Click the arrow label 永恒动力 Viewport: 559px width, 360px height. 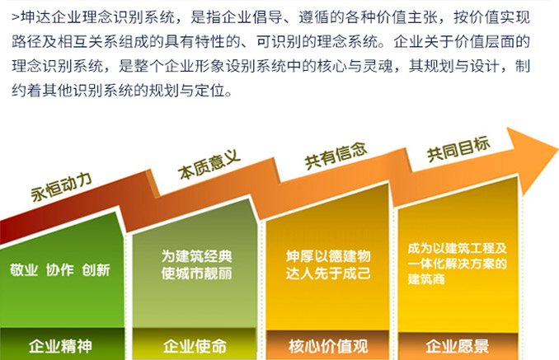click(x=61, y=186)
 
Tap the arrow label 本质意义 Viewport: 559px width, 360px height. click(x=209, y=164)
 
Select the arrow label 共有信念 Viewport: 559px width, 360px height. click(x=336, y=156)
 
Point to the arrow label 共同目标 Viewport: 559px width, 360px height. click(x=458, y=149)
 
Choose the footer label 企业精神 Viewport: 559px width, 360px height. click(x=61, y=346)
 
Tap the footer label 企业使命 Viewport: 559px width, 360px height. click(x=195, y=346)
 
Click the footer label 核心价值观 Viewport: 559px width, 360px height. click(x=328, y=347)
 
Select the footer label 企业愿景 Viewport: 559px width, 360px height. click(x=458, y=347)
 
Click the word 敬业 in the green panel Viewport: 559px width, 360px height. click(x=24, y=270)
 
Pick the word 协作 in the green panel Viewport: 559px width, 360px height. click(x=60, y=270)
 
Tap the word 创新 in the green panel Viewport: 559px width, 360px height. click(x=96, y=270)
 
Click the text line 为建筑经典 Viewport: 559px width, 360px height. click(x=196, y=256)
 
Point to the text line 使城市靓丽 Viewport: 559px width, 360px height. click(x=196, y=274)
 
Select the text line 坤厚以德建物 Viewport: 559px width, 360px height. click(x=328, y=256)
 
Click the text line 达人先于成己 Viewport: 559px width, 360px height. click(x=328, y=274)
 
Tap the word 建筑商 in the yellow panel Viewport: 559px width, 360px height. click(x=426, y=279)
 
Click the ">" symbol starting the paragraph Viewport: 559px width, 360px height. click(x=16, y=17)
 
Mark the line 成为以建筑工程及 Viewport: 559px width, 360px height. click(x=458, y=248)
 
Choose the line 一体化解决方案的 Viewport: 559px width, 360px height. click(x=458, y=264)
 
